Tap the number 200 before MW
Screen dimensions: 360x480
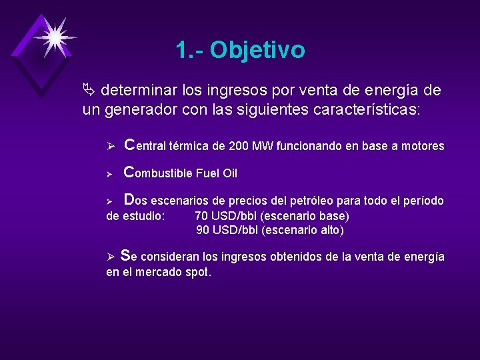(x=238, y=146)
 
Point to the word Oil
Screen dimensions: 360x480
(x=229, y=173)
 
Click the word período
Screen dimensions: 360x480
(x=421, y=201)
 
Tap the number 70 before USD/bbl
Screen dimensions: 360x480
(x=201, y=216)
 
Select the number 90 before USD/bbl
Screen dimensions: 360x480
(x=203, y=231)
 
